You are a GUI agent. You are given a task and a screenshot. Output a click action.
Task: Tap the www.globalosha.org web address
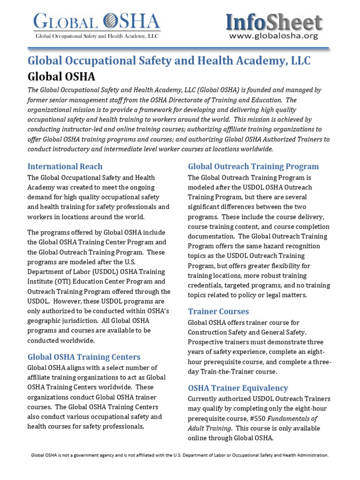click(x=274, y=36)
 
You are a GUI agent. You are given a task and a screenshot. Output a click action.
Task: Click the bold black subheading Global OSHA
click(x=61, y=76)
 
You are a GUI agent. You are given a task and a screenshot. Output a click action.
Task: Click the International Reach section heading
click(x=65, y=166)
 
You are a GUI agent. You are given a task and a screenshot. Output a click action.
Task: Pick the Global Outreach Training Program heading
click(x=253, y=166)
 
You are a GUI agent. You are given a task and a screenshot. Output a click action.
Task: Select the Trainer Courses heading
click(x=218, y=311)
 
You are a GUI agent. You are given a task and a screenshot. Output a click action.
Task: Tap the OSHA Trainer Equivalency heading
click(x=238, y=388)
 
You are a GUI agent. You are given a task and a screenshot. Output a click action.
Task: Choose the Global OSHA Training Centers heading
click(x=84, y=357)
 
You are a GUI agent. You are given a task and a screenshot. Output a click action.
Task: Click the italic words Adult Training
click(x=210, y=428)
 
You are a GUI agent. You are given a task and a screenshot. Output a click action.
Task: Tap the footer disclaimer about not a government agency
click(x=180, y=455)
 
